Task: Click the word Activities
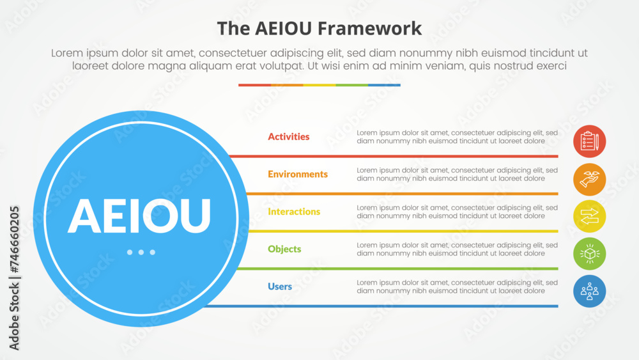click(289, 137)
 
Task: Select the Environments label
click(298, 174)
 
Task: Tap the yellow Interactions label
click(294, 212)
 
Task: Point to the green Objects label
click(284, 249)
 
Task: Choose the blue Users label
click(280, 286)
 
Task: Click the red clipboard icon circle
click(589, 141)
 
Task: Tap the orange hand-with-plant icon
click(589, 180)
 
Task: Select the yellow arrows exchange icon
click(589, 217)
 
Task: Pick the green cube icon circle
click(589, 254)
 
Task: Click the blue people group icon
click(589, 291)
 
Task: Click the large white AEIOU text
click(139, 215)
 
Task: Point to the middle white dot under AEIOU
click(141, 253)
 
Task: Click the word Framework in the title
click(369, 29)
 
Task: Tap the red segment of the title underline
click(255, 85)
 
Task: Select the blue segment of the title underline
click(384, 85)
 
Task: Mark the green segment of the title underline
click(351, 85)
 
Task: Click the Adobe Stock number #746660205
click(14, 239)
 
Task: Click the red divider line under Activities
click(393, 156)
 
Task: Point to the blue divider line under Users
click(380, 306)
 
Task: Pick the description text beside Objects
click(457, 249)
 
